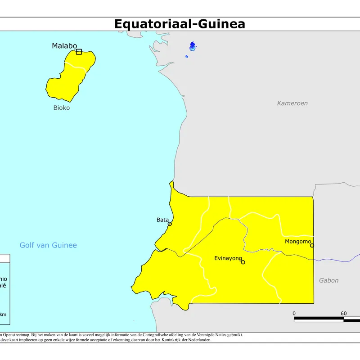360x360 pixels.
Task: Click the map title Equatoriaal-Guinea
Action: [180, 23]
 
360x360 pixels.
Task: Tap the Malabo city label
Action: [64, 45]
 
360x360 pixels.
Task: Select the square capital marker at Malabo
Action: [79, 52]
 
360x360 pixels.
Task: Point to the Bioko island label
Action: [62, 108]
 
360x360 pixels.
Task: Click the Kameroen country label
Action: [292, 103]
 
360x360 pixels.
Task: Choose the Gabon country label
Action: [328, 280]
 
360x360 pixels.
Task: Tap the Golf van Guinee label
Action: [48, 245]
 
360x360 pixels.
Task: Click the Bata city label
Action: [162, 220]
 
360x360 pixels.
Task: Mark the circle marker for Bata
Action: [170, 224]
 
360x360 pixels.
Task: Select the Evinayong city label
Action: [228, 258]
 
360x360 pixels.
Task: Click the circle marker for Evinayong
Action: [243, 262]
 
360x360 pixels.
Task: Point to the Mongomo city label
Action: [298, 242]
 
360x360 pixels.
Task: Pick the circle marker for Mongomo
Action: [312, 245]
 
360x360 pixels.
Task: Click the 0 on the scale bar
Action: [294, 314]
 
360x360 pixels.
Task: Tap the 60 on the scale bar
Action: [343, 314]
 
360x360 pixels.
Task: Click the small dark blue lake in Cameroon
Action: [193, 46]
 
